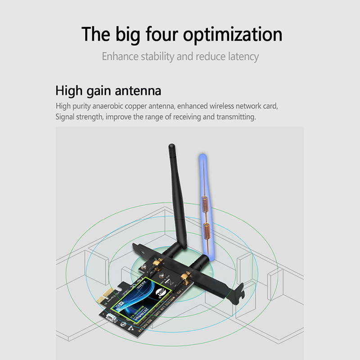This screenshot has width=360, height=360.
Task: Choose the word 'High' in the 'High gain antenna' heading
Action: pos(69,90)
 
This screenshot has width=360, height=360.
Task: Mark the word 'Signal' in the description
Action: pos(66,117)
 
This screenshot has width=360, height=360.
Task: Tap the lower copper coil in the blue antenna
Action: pos(206,233)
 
